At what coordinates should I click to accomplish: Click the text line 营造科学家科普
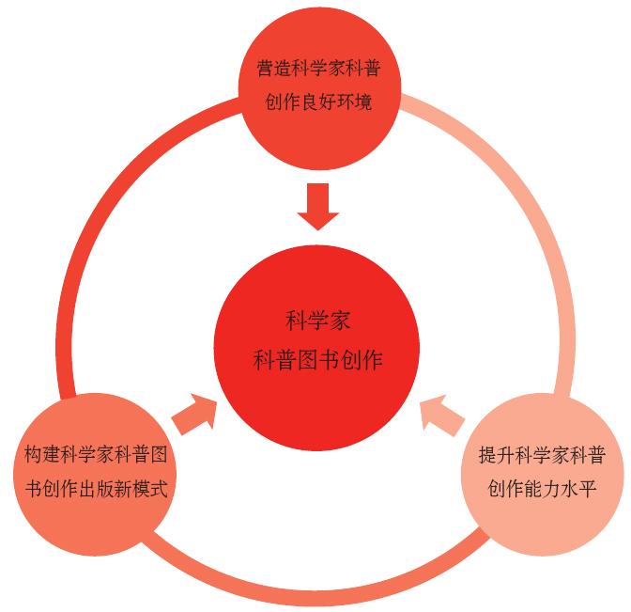pyautogui.click(x=317, y=70)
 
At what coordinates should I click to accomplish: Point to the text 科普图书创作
pyautogui.click(x=317, y=358)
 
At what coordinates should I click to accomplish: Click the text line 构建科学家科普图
pyautogui.click(x=96, y=456)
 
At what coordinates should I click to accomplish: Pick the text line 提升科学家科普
pyautogui.click(x=541, y=456)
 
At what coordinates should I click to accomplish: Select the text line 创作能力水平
pyautogui.click(x=541, y=489)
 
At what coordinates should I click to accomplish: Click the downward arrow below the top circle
pyautogui.click(x=318, y=205)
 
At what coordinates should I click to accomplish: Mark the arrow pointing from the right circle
pyautogui.click(x=441, y=413)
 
